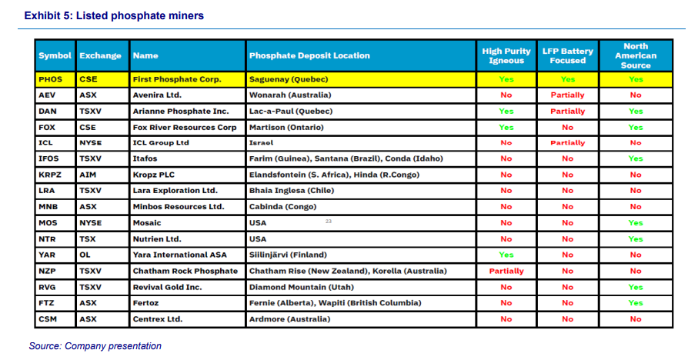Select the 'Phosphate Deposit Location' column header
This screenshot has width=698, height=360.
tap(309, 55)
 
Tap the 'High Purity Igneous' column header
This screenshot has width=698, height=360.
tap(506, 55)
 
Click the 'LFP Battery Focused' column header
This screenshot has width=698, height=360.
tap(568, 55)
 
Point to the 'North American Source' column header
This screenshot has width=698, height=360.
tap(636, 55)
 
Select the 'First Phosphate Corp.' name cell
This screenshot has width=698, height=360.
tap(177, 79)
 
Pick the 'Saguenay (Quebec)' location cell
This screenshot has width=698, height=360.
tap(289, 79)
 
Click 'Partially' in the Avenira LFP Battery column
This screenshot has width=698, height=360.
tap(568, 95)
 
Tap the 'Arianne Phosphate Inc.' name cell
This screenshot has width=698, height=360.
tap(181, 111)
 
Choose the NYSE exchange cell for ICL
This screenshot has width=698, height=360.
tap(91, 143)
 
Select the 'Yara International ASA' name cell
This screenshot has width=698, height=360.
tap(182, 255)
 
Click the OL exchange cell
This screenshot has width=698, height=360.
tap(85, 255)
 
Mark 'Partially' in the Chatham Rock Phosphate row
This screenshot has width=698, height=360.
tap(506, 271)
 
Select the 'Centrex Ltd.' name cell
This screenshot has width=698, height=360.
tap(159, 318)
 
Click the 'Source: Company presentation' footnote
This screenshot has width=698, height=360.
tap(95, 346)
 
